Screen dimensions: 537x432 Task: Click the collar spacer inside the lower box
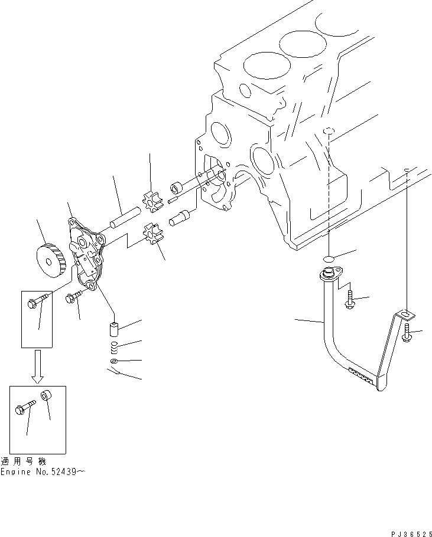47,397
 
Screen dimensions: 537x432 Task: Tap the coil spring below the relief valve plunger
114,345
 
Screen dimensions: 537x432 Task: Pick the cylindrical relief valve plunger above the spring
115,328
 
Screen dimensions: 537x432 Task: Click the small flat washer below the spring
114,361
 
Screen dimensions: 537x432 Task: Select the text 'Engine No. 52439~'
43,472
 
